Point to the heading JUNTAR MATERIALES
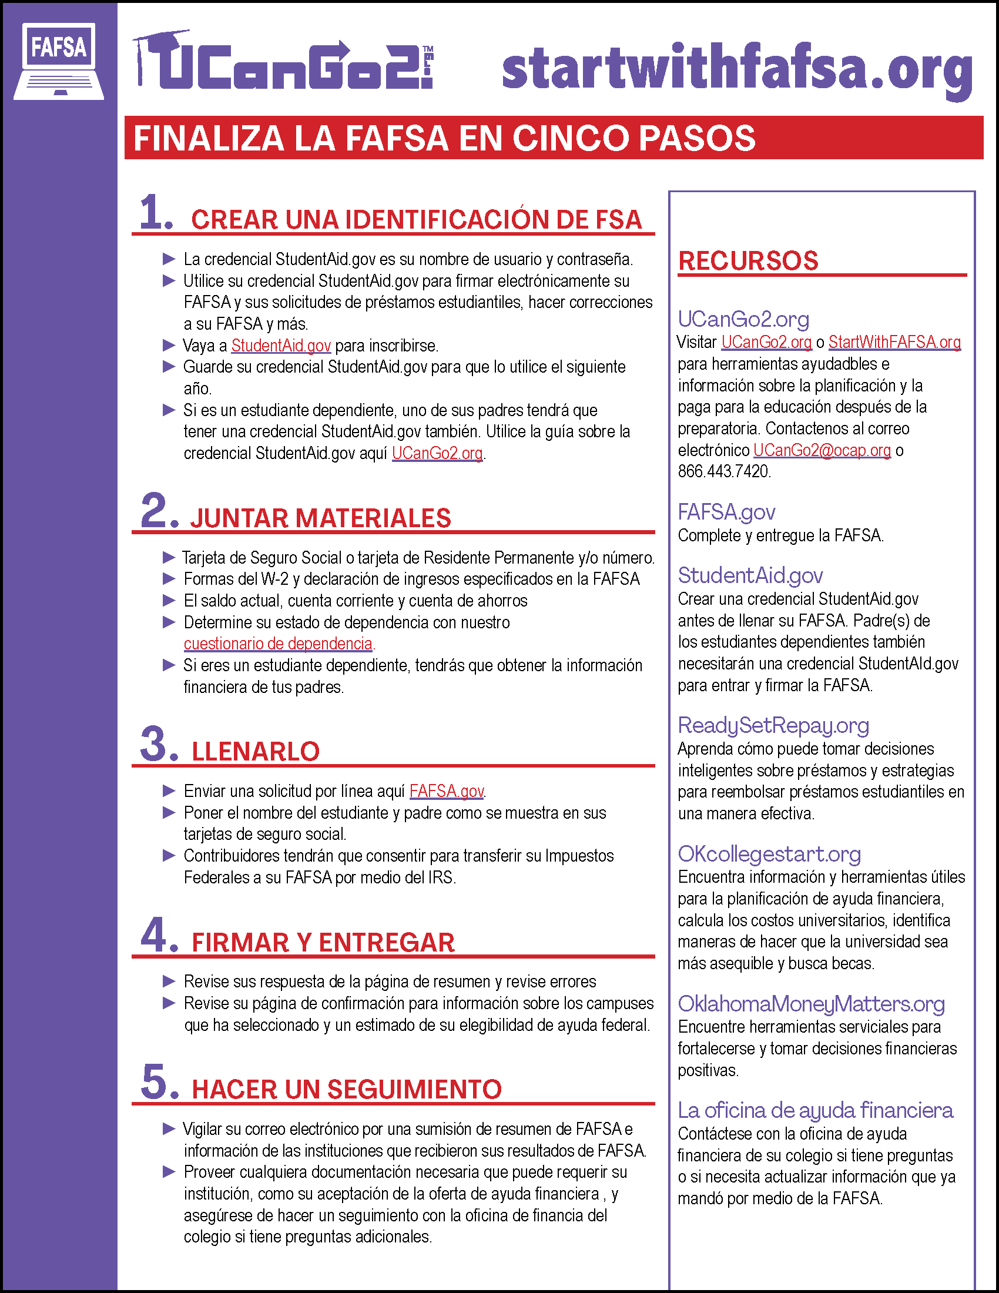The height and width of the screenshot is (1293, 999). tap(320, 518)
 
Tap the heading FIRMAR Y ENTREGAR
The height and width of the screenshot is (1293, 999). tap(323, 943)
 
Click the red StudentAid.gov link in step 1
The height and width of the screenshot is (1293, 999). tap(280, 345)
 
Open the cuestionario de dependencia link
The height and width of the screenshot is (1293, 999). tap(278, 644)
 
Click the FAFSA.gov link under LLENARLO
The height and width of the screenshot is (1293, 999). tap(446, 791)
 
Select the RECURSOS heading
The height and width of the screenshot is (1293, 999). tap(748, 261)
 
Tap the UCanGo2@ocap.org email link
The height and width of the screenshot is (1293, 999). tap(822, 450)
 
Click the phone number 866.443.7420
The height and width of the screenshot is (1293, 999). tap(724, 471)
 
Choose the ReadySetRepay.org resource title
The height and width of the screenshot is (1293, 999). tap(773, 725)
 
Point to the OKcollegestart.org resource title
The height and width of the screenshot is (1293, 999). tap(769, 854)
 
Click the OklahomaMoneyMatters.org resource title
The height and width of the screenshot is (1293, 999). tap(811, 1003)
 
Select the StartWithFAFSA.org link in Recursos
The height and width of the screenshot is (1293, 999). tap(894, 342)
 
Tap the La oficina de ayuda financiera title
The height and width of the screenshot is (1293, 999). tap(815, 1110)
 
